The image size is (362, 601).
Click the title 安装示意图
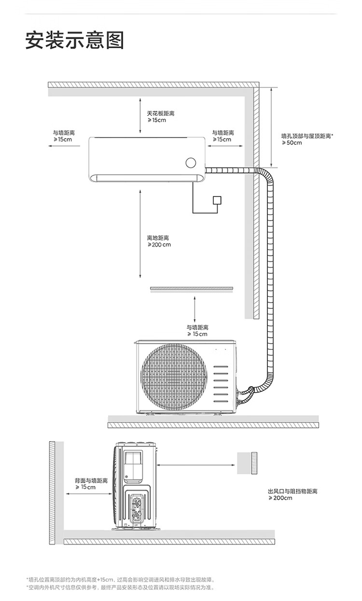coord(74,41)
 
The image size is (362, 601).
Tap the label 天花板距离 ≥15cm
coord(160,116)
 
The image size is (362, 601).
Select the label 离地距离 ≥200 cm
coord(159,241)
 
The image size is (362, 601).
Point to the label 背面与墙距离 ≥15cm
coord(91,484)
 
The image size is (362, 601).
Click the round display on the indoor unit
coord(191,162)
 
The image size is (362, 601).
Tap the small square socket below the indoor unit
coord(218,200)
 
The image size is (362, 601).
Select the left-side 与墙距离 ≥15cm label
coord(64,136)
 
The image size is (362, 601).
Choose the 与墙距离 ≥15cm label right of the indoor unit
coord(223,136)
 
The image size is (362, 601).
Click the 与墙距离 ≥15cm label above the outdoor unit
coord(197,331)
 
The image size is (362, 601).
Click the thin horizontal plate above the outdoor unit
coord(192,289)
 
